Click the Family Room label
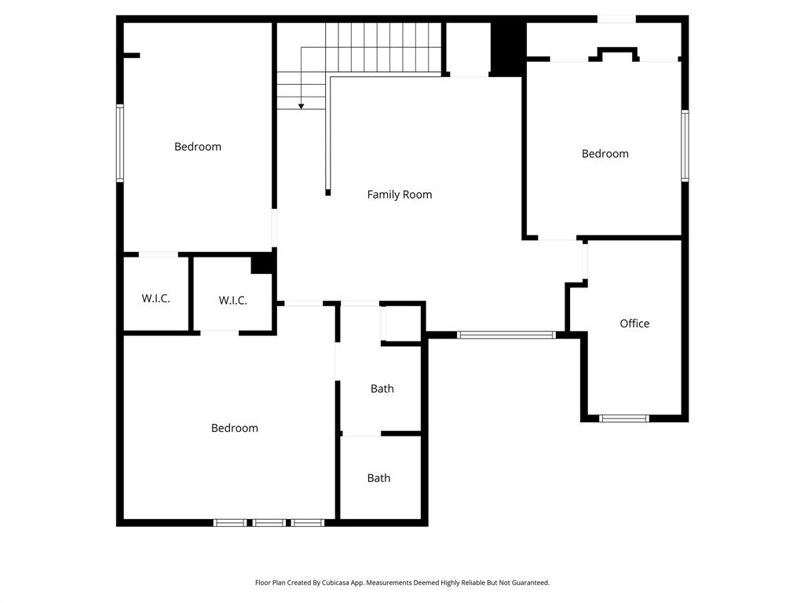click(400, 195)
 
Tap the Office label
click(634, 323)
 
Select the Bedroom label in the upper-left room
click(198, 147)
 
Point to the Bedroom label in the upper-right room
click(605, 154)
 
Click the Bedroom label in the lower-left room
click(234, 428)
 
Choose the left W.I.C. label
click(155, 299)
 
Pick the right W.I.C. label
click(232, 301)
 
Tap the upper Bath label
click(382, 389)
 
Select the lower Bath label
click(378, 478)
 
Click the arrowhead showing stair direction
click(301, 106)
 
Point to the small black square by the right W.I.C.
click(261, 264)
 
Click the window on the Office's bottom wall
click(624, 418)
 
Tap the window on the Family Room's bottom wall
click(506, 335)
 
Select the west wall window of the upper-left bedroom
click(120, 143)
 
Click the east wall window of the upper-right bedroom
click(685, 145)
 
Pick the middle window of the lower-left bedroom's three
click(269, 522)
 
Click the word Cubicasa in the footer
click(337, 583)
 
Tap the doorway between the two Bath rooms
click(361, 433)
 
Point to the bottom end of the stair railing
click(327, 192)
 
